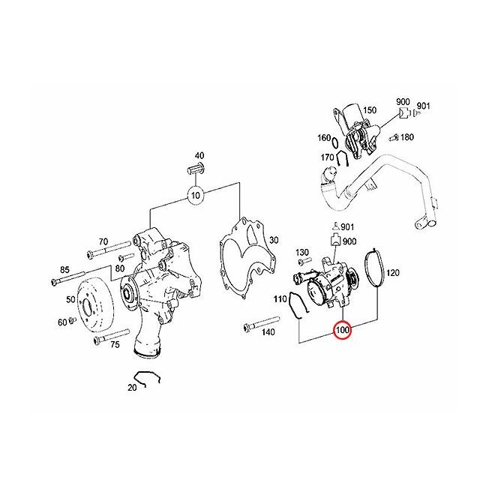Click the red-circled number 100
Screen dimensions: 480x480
(x=343, y=329)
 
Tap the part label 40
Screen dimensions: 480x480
(x=199, y=155)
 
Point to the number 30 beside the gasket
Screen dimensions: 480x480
(x=274, y=240)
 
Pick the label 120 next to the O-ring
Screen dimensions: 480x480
(x=393, y=271)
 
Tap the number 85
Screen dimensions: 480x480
(x=65, y=269)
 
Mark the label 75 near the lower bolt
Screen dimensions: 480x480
(x=115, y=345)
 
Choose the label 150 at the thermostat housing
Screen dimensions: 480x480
(x=369, y=110)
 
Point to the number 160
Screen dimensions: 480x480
(x=323, y=138)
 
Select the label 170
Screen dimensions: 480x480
(x=328, y=157)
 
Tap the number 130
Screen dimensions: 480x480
(x=303, y=252)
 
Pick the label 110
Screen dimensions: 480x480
(x=280, y=298)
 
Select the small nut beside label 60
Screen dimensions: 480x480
(x=72, y=322)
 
